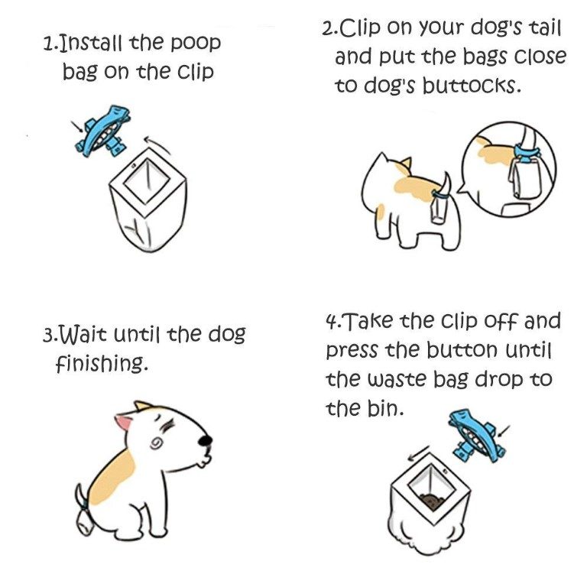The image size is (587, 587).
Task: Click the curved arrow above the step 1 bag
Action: tap(157, 144)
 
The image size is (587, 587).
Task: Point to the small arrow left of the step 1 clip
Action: tap(77, 127)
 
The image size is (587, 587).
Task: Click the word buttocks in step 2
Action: tap(472, 86)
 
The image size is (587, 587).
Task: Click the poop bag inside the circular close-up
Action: tap(524, 178)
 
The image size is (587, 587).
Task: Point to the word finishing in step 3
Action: tap(101, 363)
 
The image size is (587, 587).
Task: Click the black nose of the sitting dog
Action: tap(205, 440)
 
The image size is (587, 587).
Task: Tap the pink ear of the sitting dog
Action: tap(124, 422)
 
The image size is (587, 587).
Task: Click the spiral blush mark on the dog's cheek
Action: tap(157, 444)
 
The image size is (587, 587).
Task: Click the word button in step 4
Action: tap(462, 350)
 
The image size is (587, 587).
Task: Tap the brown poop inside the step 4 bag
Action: tap(432, 501)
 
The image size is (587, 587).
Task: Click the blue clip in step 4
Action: tap(476, 436)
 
